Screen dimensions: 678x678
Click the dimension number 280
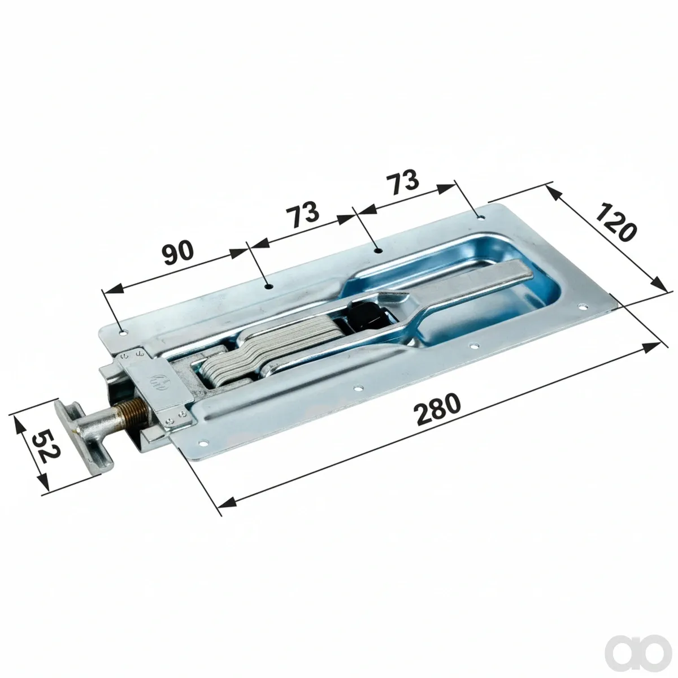(x=437, y=409)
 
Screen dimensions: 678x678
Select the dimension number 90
(x=179, y=252)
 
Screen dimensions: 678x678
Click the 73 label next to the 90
(x=302, y=214)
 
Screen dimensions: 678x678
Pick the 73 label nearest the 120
(x=403, y=182)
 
